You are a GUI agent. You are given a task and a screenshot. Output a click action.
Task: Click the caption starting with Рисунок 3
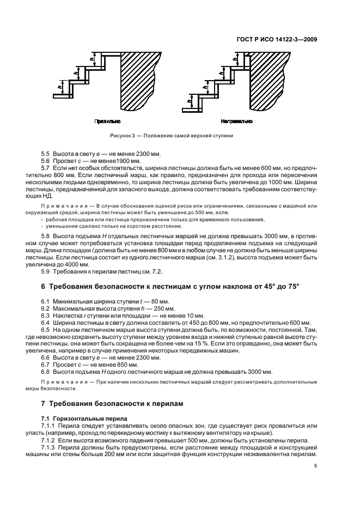tap(171, 136)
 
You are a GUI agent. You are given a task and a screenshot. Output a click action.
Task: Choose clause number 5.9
tap(46, 271)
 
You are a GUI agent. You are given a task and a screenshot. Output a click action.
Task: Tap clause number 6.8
tap(46, 372)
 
